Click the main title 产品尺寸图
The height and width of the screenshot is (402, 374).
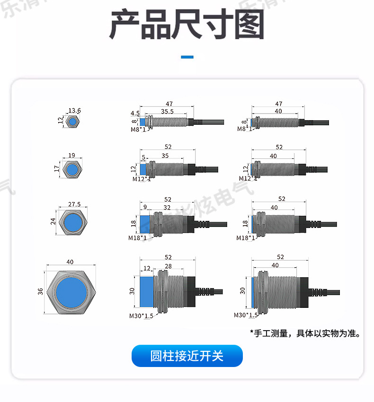(187, 25)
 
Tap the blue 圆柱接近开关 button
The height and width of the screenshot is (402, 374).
(187, 356)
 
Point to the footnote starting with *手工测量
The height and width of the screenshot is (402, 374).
(305, 333)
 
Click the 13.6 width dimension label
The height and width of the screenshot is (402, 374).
(74, 111)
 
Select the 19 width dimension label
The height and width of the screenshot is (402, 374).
(71, 155)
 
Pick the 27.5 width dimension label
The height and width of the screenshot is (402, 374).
(74, 204)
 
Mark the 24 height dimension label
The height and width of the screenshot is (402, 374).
(53, 221)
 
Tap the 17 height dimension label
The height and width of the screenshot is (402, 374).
(57, 168)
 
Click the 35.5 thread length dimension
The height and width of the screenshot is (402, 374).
(167, 112)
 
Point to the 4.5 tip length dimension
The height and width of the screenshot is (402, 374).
(135, 114)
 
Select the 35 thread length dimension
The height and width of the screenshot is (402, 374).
(165, 156)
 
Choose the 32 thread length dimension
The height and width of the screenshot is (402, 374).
(167, 207)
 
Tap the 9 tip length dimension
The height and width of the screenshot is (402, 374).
(144, 207)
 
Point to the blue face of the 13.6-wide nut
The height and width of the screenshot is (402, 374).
(72, 122)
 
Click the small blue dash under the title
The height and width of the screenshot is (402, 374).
(187, 57)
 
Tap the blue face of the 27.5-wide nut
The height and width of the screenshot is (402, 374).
(72, 221)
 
